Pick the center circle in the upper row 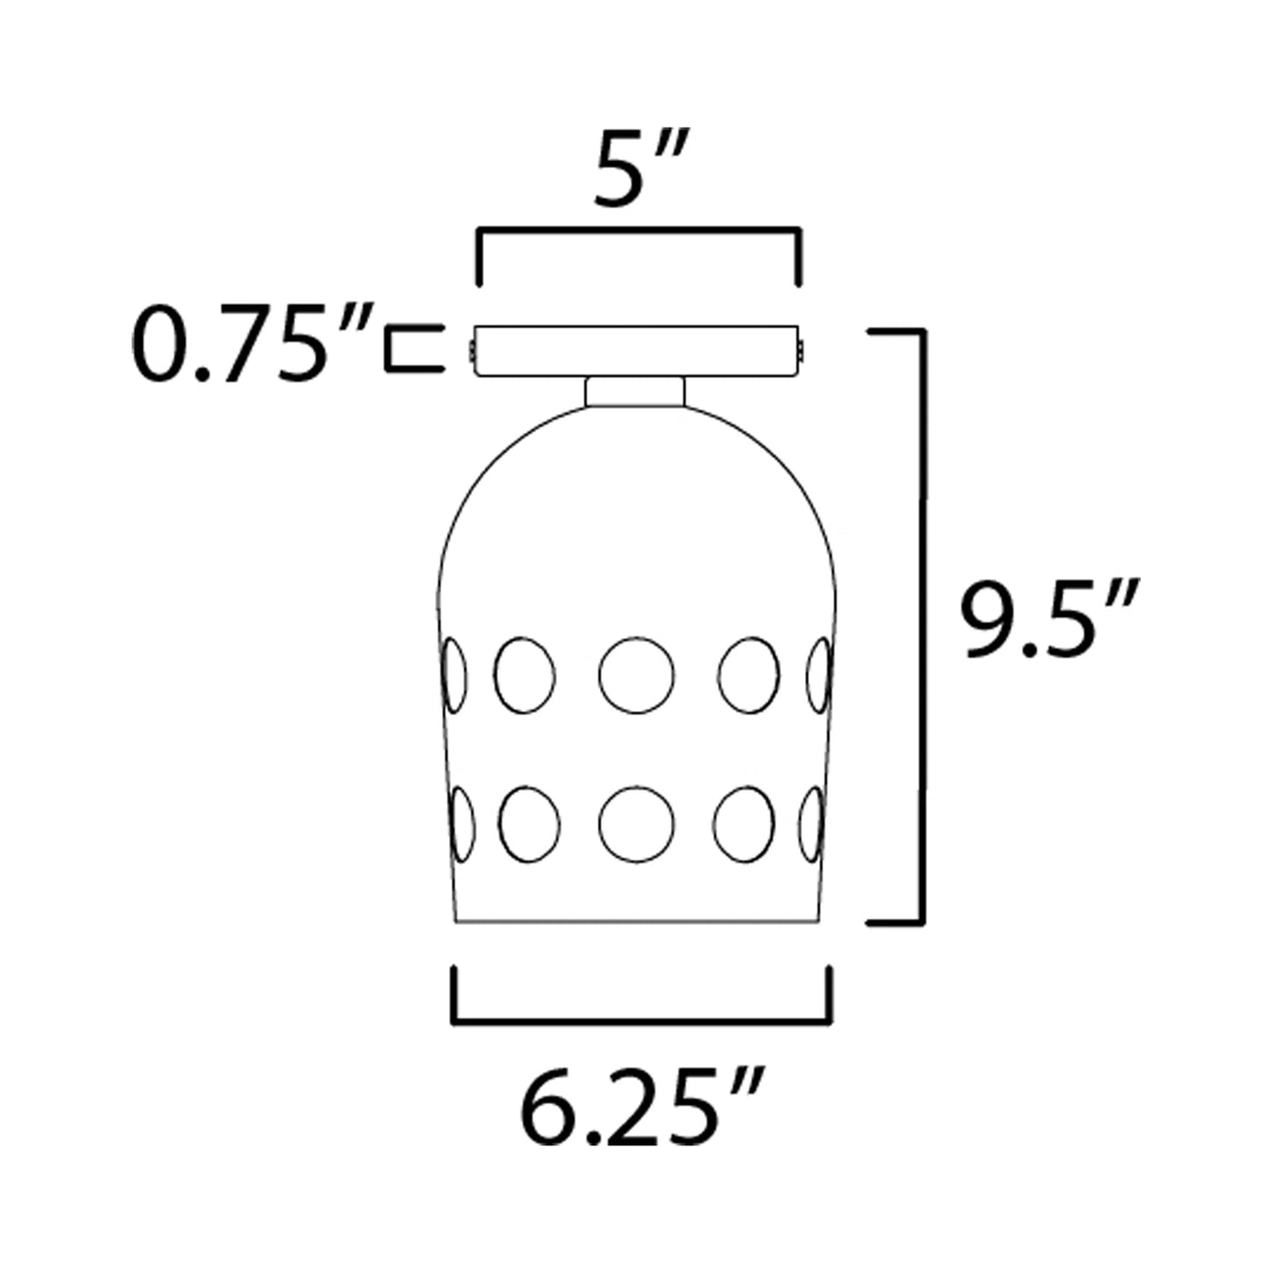coord(636,675)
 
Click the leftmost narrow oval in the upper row coord(453,675)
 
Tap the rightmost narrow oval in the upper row coord(819,675)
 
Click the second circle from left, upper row coord(524,675)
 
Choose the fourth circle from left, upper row coord(749,675)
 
